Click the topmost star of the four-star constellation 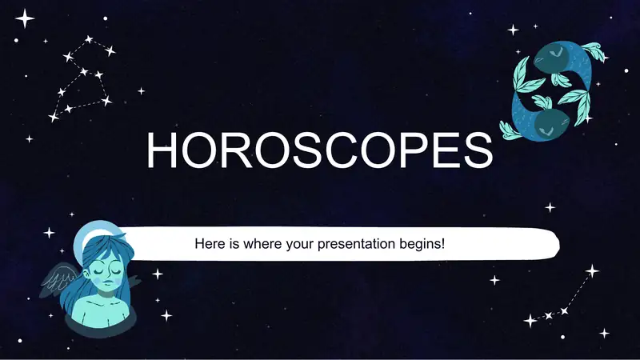[x=592, y=270]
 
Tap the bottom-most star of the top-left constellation [x=54, y=117]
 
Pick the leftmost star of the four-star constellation [x=530, y=322]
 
